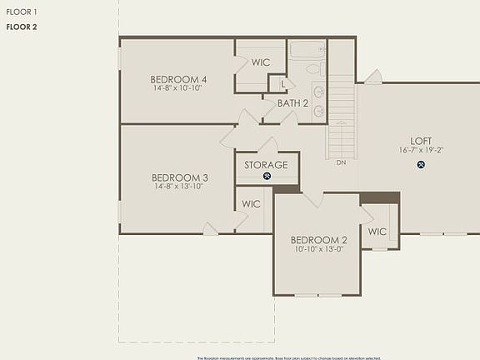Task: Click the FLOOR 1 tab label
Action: (22, 12)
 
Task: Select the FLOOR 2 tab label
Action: (22, 27)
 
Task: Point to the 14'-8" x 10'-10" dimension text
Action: (178, 88)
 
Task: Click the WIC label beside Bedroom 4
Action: (261, 62)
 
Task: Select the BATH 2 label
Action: (293, 103)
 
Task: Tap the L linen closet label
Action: (284, 84)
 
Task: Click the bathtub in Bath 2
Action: (307, 49)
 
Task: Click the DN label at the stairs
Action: (341, 162)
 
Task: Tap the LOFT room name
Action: (421, 141)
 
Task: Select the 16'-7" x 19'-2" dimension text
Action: (421, 151)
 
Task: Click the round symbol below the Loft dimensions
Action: (421, 164)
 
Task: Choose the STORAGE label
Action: (267, 165)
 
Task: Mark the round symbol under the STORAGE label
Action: (267, 176)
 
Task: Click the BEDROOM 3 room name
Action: (180, 177)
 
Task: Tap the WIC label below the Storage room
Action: (251, 203)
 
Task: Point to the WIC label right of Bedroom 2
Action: (377, 232)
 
